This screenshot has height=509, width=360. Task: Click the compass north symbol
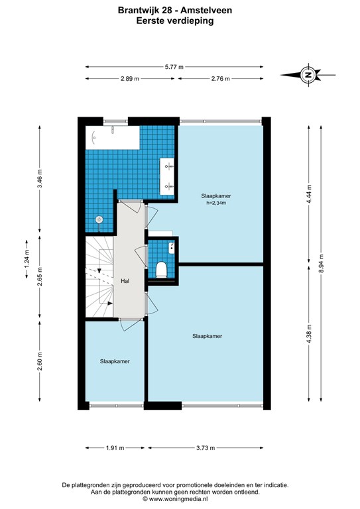(308, 75)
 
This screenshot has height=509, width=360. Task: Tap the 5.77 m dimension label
(174, 67)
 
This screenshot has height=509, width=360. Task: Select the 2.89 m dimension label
(130, 79)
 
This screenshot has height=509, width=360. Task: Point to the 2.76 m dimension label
(220, 79)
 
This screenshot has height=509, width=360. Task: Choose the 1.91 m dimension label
(115, 448)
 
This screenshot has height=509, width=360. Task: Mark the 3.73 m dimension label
(206, 448)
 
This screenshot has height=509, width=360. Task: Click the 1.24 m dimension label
(27, 260)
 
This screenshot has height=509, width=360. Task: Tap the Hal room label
(125, 281)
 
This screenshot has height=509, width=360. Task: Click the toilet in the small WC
(161, 270)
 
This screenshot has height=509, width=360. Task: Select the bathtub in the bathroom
(113, 138)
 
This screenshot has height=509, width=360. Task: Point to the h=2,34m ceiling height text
(216, 203)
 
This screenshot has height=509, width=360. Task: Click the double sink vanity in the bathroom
(167, 176)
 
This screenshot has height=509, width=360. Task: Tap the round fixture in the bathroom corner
(99, 220)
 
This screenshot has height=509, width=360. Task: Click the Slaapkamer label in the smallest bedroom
(115, 361)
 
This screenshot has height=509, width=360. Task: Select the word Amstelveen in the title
(206, 11)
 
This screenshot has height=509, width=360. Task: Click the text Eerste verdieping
(175, 21)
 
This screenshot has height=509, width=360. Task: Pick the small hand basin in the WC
(172, 247)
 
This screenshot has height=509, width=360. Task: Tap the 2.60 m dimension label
(40, 361)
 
